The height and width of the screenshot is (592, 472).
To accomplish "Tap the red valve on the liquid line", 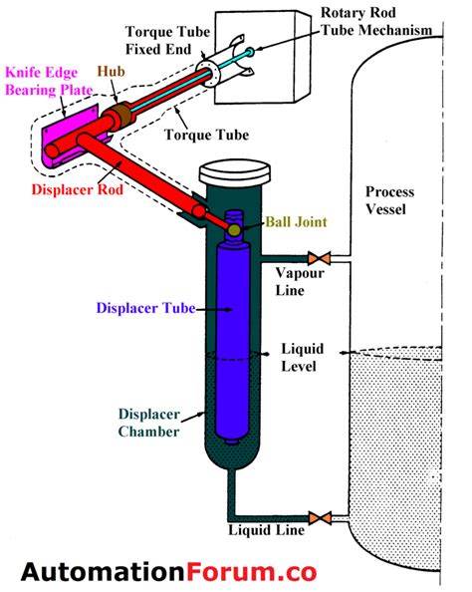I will [x=321, y=518].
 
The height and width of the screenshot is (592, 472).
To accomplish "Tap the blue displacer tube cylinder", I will [x=232, y=339].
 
